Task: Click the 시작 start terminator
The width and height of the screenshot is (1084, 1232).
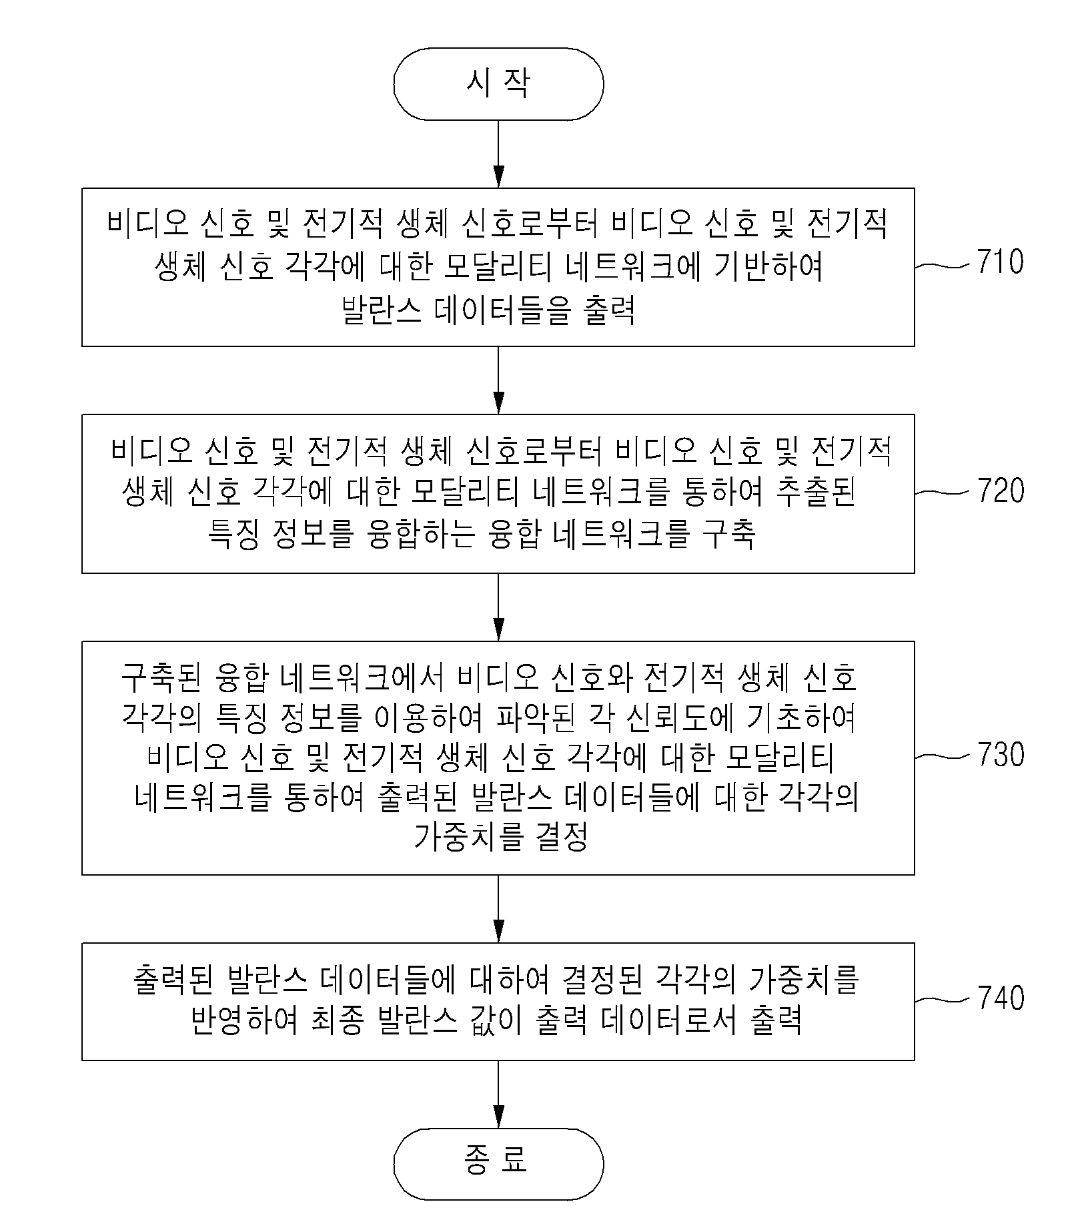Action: click(x=498, y=84)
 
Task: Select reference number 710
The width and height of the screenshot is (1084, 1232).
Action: click(x=1000, y=262)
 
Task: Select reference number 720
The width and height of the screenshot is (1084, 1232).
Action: click(x=1000, y=491)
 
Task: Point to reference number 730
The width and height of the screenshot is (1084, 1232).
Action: click(x=1000, y=755)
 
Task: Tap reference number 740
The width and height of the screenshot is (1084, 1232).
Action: click(x=1000, y=998)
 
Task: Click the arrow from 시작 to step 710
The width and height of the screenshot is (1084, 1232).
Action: click(x=498, y=154)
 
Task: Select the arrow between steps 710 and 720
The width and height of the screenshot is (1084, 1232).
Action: click(x=498, y=380)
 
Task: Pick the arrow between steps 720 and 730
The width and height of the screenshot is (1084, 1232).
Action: click(x=498, y=607)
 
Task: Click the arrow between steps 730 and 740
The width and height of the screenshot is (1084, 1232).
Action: click(x=498, y=909)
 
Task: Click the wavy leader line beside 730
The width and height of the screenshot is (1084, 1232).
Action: click(x=941, y=756)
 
